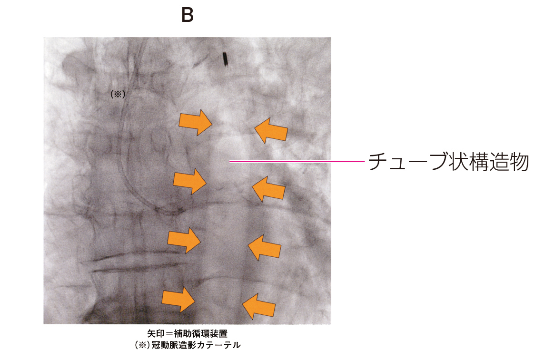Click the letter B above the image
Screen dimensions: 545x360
point(188,15)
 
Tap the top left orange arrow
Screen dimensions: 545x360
point(195,122)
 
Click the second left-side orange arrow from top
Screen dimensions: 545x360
point(190,181)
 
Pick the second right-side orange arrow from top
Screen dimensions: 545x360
point(268,189)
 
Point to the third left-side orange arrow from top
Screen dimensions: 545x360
point(184,240)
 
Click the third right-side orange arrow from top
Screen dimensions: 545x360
point(265,247)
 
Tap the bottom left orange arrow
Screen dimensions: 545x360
point(178,299)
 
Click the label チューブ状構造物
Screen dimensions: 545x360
point(449,162)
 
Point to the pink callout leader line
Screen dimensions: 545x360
point(297,161)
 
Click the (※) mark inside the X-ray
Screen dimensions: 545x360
point(118,94)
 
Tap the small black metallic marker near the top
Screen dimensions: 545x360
point(225,59)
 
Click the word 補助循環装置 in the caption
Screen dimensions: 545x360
point(200,334)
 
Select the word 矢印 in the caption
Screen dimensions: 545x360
point(156,334)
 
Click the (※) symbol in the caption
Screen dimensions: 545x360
point(142,345)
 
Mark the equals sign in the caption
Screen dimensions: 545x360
point(169,334)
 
